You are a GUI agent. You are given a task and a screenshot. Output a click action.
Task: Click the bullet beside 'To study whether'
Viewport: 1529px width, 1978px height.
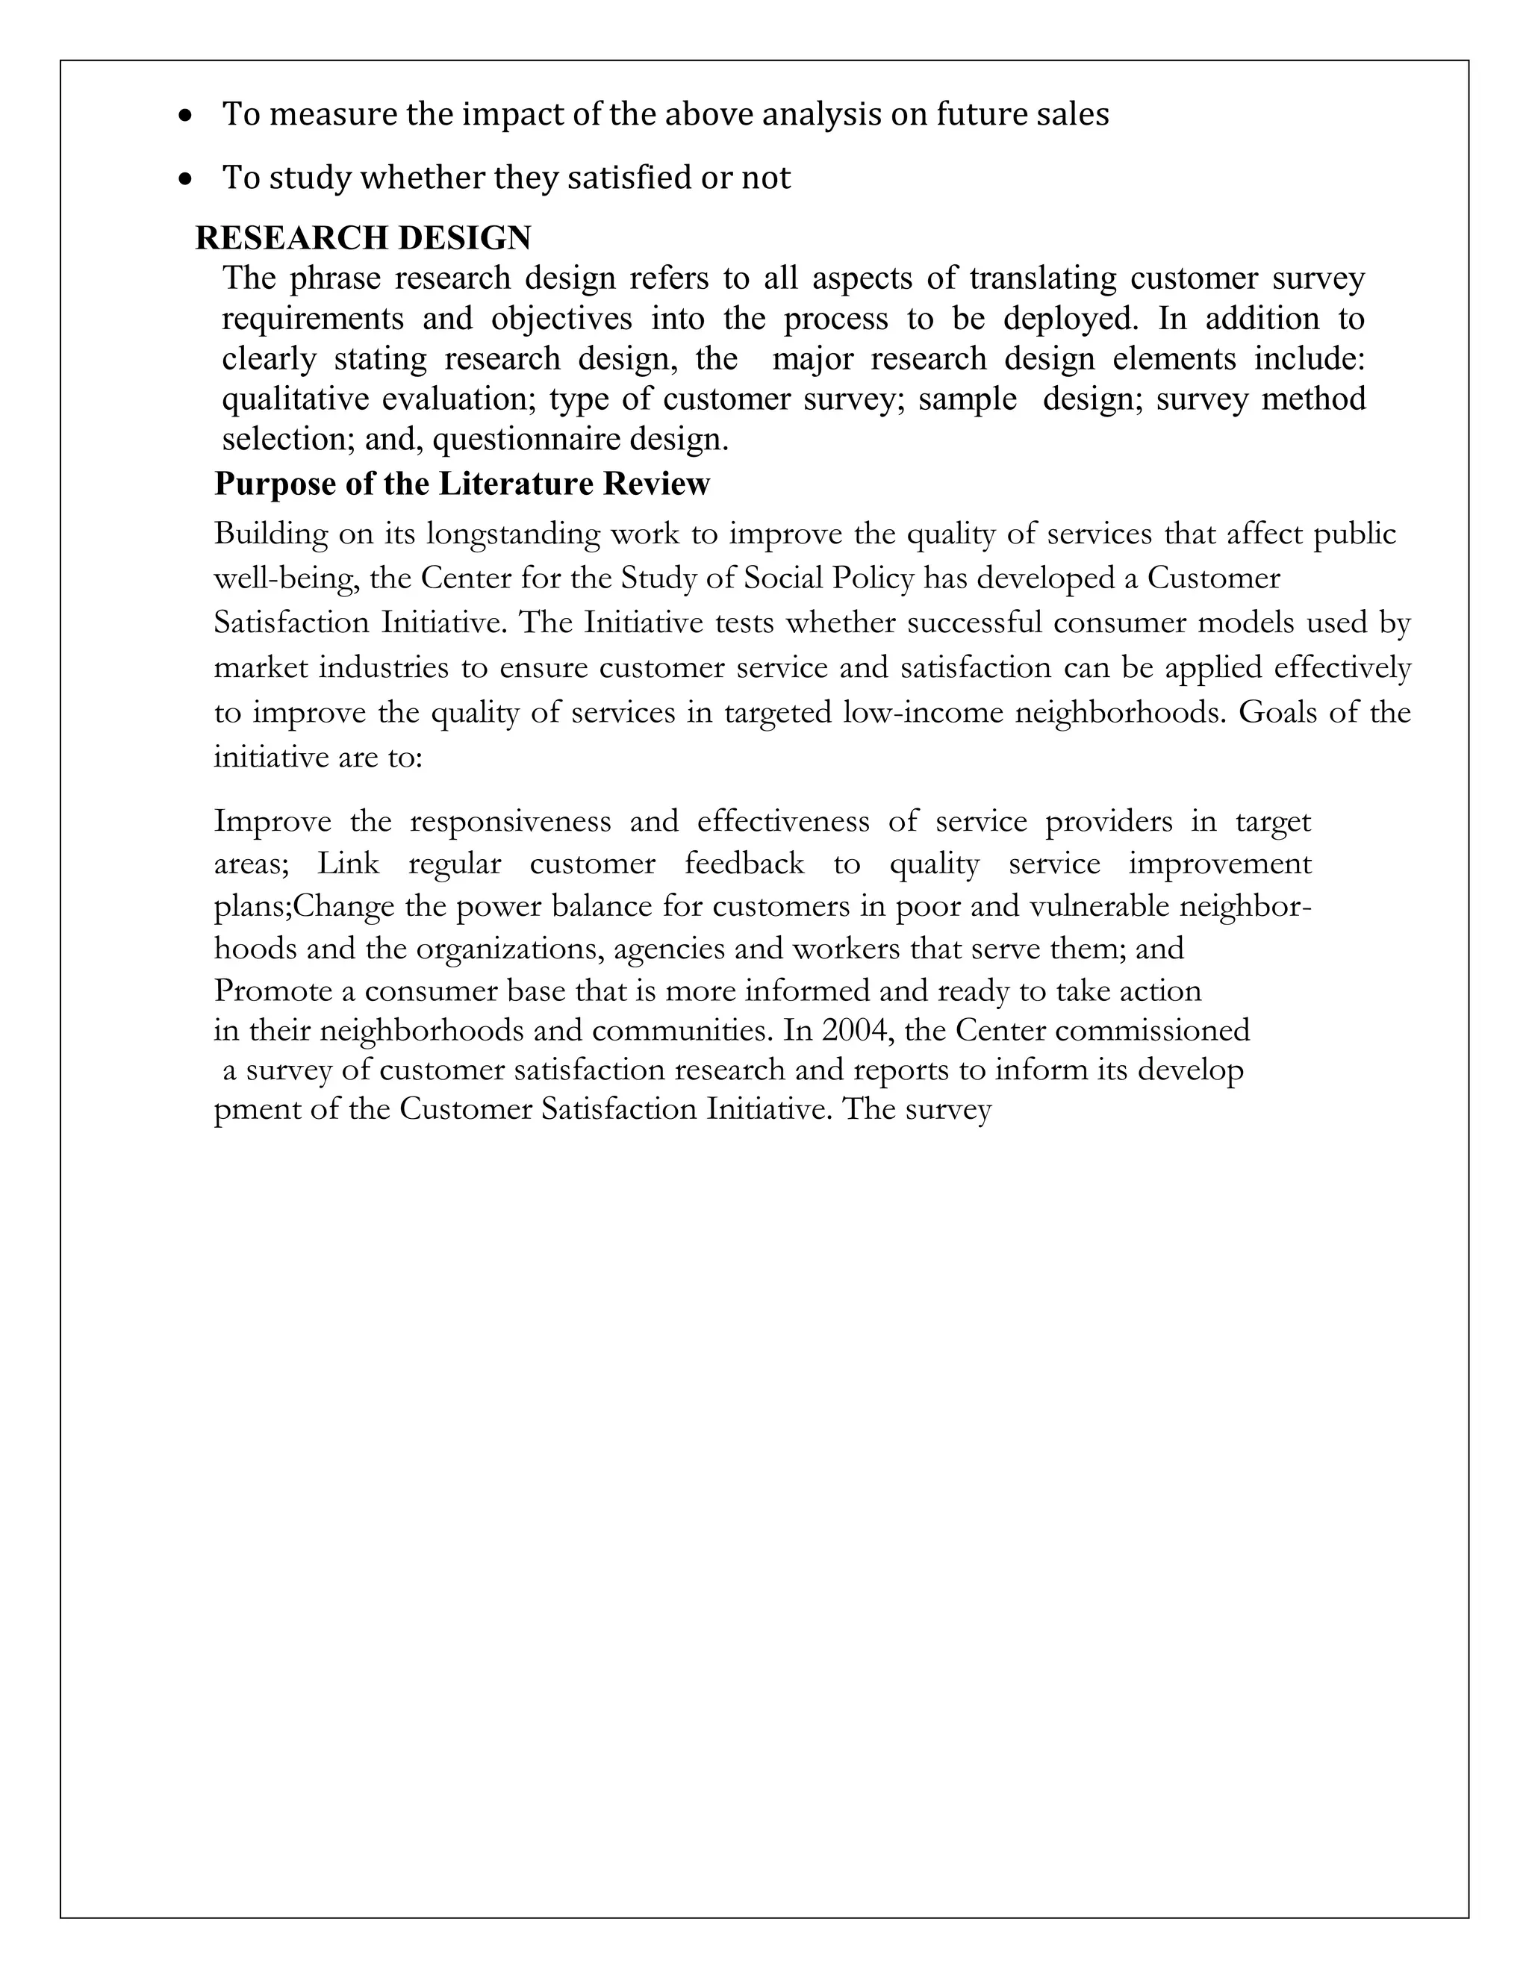186,180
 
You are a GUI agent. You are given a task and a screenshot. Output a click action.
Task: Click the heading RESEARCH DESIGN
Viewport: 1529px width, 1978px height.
364,238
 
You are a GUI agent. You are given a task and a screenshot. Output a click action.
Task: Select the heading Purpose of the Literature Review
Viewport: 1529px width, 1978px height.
462,484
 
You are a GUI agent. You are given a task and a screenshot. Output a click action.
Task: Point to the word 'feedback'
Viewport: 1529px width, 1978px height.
744,864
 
